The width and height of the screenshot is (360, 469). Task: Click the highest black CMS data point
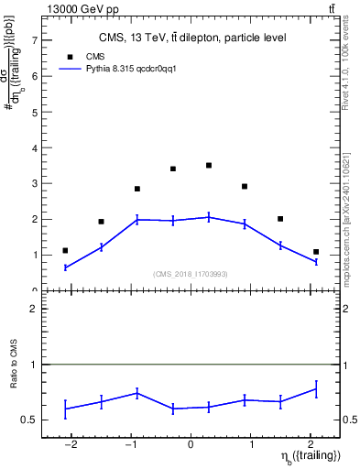point(209,166)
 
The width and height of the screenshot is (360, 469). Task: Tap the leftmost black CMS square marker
point(65,250)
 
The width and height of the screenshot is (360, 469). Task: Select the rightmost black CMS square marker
point(316,252)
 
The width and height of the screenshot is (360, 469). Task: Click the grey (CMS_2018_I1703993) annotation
point(191,274)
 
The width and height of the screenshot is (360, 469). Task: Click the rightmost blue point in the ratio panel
point(316,389)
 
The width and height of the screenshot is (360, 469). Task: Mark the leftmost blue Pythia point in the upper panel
point(65,267)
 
